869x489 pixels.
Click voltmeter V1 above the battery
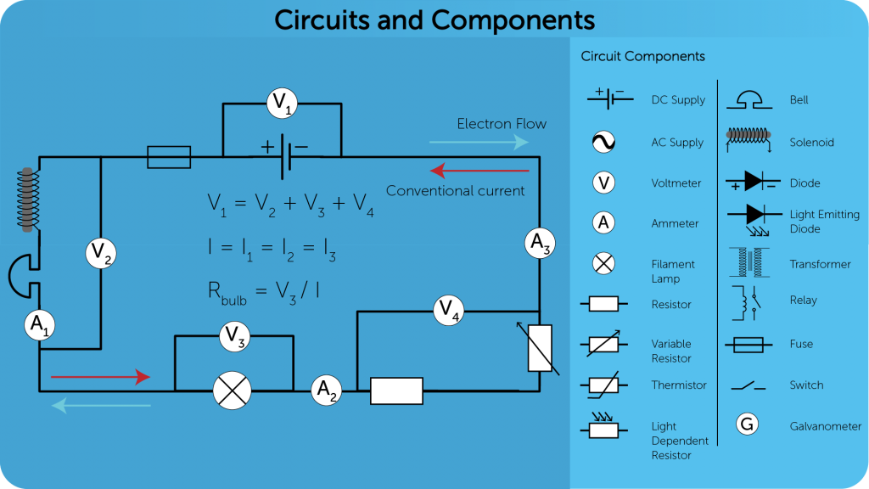tap(281, 104)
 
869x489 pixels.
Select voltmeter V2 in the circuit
tap(101, 253)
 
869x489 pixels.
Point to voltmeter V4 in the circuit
tap(448, 311)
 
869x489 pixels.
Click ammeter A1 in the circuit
tap(39, 324)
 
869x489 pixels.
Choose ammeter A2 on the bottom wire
tap(326, 391)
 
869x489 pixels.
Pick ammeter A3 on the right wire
tap(540, 244)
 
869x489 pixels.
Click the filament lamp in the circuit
tap(227, 391)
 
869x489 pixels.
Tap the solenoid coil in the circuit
tap(29, 200)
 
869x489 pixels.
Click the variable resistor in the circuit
tap(540, 348)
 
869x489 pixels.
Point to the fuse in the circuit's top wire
tap(169, 156)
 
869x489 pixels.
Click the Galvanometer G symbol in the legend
tap(748, 424)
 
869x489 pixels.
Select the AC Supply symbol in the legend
tap(603, 142)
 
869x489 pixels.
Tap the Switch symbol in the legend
tap(748, 386)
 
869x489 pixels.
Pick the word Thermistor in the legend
tap(679, 385)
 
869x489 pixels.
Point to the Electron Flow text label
tap(502, 124)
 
